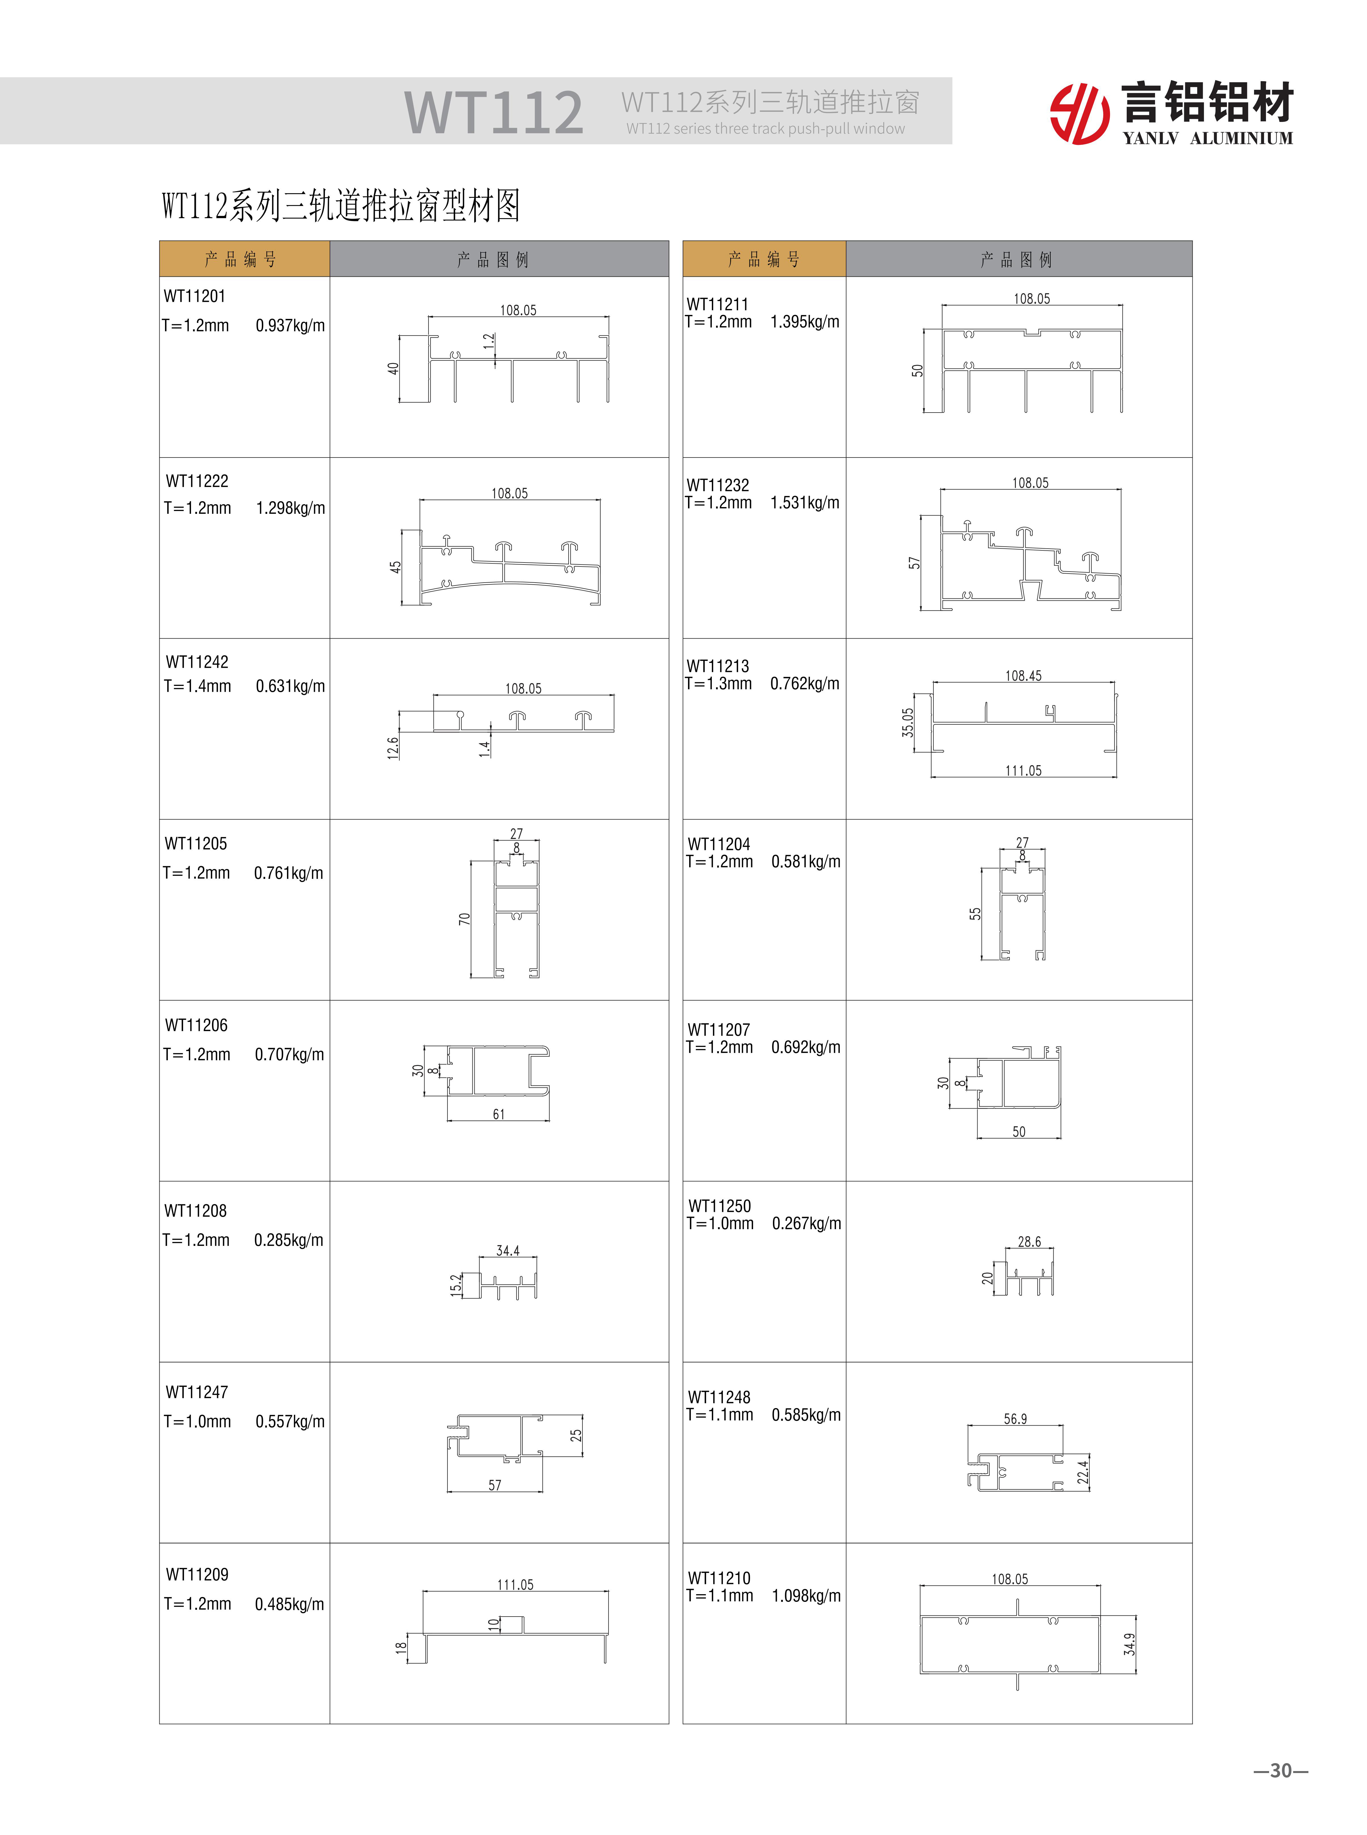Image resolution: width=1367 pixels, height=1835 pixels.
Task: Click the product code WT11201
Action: [194, 296]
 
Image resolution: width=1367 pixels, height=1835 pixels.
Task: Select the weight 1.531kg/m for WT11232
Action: [804, 503]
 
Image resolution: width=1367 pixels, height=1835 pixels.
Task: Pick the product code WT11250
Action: [719, 1206]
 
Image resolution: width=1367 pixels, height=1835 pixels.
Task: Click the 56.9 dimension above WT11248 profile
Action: [1015, 1419]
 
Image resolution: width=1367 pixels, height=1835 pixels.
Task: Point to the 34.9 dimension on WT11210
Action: [1130, 1644]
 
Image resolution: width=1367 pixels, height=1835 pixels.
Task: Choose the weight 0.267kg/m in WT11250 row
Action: [806, 1224]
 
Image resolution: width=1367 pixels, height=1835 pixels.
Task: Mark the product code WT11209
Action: [197, 1574]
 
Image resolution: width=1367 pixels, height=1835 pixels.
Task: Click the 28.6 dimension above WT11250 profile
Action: [1029, 1242]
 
